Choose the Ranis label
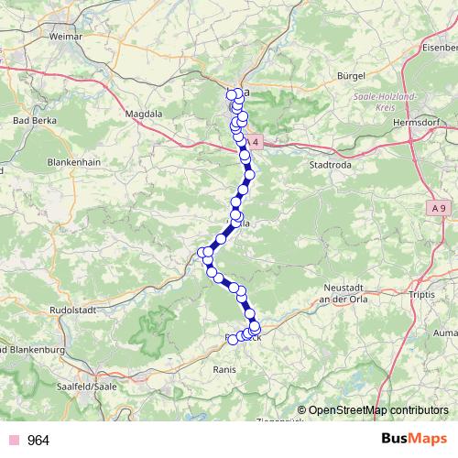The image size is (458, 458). click(x=225, y=370)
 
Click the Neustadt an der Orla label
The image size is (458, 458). click(x=341, y=292)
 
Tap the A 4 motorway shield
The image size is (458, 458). click(x=254, y=142)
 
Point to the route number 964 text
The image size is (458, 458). click(x=38, y=441)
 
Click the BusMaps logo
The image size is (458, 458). click(x=408, y=440)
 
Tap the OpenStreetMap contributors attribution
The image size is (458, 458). click(x=378, y=409)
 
